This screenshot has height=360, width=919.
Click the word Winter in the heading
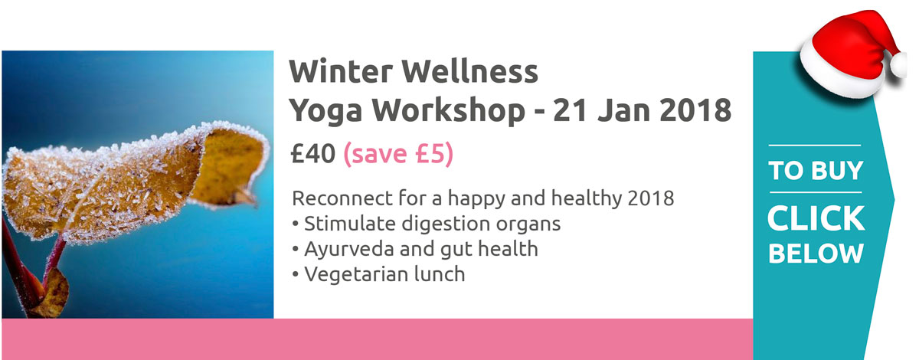(341, 71)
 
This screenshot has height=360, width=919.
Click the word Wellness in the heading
(469, 71)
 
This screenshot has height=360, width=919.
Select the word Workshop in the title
(449, 110)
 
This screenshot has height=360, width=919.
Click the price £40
(312, 153)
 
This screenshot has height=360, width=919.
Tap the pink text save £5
(398, 154)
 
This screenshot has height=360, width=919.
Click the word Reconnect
(342, 198)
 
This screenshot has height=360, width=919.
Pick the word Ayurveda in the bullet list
(349, 250)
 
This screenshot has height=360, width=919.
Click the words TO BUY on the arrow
(816, 170)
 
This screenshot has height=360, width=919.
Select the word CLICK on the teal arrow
(816, 218)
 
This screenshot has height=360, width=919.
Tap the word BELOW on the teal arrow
(816, 254)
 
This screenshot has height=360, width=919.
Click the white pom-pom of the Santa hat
(898, 65)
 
